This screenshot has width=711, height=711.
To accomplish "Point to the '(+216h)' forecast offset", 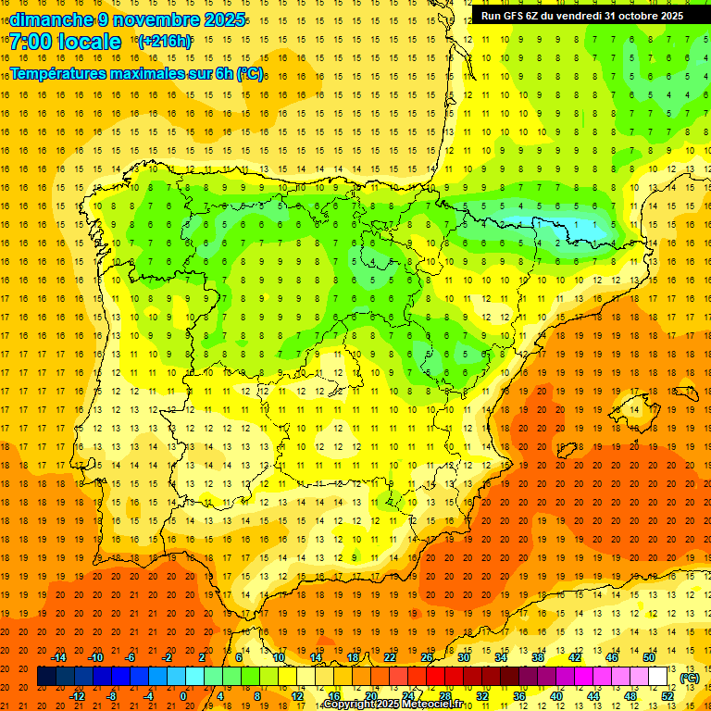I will coord(165,42).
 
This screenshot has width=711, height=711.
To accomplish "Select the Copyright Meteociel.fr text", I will coord(393,705).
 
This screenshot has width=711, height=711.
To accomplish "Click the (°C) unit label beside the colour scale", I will coord(690,678).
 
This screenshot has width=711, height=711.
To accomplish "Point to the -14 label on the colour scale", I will coord(58,657).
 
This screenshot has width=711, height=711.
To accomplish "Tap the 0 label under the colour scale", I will coord(182,696).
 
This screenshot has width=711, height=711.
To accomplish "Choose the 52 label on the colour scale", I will coord(667,696).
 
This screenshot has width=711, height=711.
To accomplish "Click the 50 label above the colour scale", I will coord(649,657).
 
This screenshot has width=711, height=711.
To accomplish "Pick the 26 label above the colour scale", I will coord(427,657).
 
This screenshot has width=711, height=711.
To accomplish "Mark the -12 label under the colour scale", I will coord(77,696).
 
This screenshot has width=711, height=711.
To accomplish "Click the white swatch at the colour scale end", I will coord(658,677).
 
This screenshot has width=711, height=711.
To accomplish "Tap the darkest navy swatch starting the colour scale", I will coord(46,677).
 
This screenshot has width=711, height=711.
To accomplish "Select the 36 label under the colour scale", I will coord(519,696).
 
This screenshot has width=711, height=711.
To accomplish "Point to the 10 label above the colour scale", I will coord(279,657).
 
